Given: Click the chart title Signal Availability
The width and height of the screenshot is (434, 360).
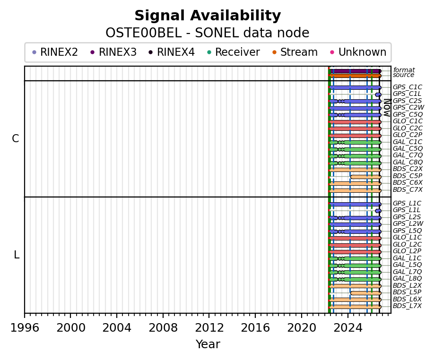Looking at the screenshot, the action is click(x=208, y=16).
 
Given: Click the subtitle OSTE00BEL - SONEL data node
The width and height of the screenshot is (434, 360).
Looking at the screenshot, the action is click(x=208, y=33).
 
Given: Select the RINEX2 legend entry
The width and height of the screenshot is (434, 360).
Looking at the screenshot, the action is click(x=55, y=52).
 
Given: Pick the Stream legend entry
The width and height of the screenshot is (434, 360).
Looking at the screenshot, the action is click(x=295, y=52).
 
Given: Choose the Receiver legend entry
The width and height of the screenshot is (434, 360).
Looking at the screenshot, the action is click(x=234, y=52).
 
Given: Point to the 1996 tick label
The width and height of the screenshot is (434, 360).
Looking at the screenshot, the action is click(x=25, y=328).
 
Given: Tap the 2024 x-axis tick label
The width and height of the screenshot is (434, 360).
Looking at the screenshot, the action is click(x=348, y=328).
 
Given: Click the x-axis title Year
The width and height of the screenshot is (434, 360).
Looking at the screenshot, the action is click(x=208, y=344).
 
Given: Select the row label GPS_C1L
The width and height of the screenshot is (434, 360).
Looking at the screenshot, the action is click(x=407, y=94).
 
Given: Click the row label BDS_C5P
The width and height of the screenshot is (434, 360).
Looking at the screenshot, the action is click(x=408, y=176).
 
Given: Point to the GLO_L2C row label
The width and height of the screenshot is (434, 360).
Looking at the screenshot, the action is click(x=407, y=244).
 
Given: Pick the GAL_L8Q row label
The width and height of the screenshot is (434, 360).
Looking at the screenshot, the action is click(x=407, y=278).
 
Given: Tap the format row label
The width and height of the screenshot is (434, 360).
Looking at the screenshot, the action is click(x=404, y=70).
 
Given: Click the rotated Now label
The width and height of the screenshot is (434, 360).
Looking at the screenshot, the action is click(x=387, y=108).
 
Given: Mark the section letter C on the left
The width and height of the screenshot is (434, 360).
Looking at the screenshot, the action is click(x=16, y=138).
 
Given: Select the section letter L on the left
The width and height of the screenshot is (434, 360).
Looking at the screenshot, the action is click(x=17, y=255).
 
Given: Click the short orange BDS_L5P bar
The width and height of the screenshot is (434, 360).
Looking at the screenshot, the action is click(x=366, y=293).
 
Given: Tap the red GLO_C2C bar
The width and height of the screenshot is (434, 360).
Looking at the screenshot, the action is click(x=355, y=129).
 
